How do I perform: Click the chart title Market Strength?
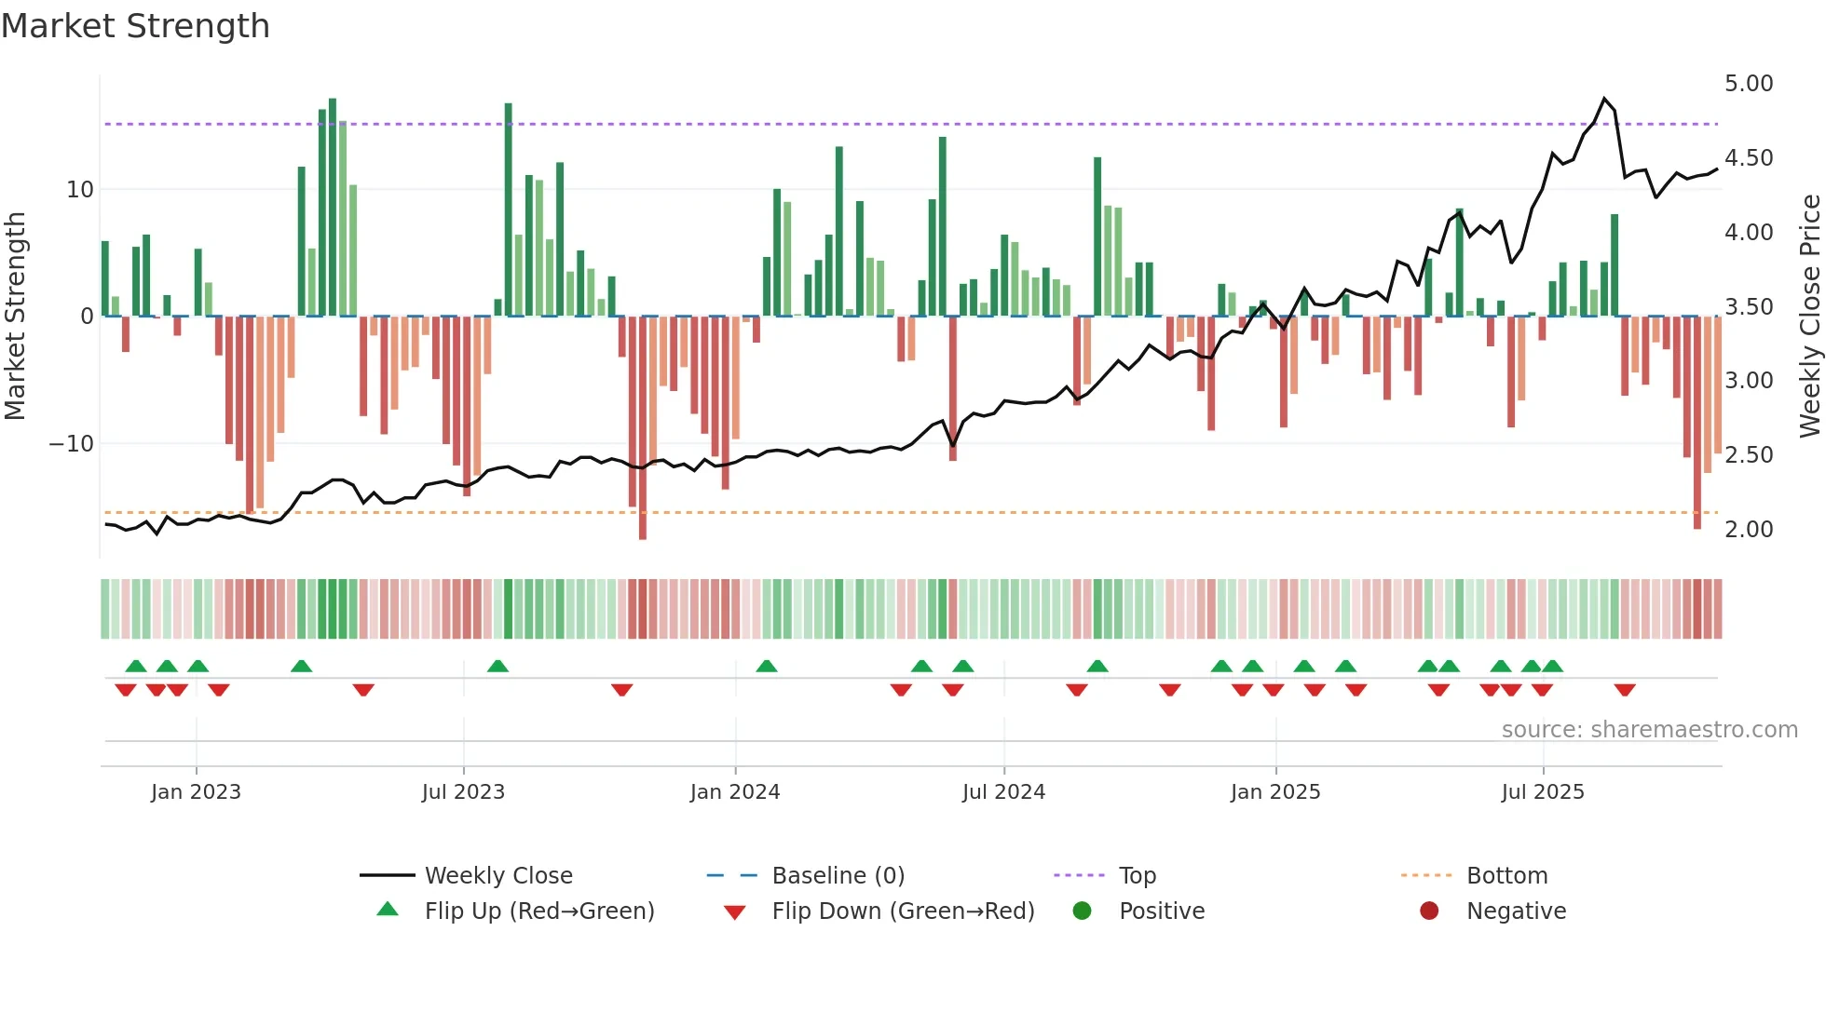coord(136,26)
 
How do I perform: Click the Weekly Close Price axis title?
coord(1809,316)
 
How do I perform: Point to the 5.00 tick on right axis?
coord(1749,84)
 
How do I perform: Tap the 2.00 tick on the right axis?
coord(1749,530)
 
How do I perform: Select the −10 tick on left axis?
coord(72,444)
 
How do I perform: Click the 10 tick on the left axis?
coord(80,190)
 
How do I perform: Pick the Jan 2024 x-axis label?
coord(735,792)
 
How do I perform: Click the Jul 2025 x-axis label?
coord(1543,792)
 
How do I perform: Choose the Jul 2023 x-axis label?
coord(463,792)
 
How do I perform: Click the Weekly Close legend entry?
coord(498,876)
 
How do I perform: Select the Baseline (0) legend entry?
coord(838,876)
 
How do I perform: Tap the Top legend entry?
coord(1137,876)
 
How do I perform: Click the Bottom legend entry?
coord(1506,876)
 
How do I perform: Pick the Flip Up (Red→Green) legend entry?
coord(539,911)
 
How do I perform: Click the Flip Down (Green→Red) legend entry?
coord(903,911)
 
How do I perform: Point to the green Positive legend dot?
coord(1082,911)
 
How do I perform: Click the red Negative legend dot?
coord(1429,911)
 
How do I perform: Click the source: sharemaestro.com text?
coord(1649,730)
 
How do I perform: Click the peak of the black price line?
coord(1604,98)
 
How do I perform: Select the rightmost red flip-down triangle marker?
coord(1625,690)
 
